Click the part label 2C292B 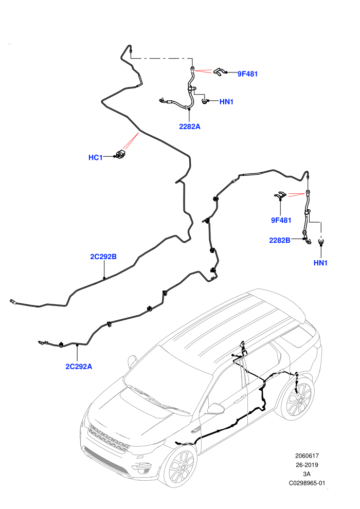(103, 257)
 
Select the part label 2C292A (79, 367)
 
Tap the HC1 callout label (96, 157)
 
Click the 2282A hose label (190, 126)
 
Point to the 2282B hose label (279, 240)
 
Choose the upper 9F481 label (248, 74)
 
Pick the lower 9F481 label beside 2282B (281, 220)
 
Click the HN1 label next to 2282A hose (227, 102)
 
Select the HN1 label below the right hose (320, 263)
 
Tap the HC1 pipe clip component (121, 154)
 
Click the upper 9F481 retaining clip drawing (219, 72)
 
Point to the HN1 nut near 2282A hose (205, 101)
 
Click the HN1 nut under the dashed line (321, 242)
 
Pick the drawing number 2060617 (307, 456)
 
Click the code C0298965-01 (307, 483)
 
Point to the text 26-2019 (307, 465)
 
